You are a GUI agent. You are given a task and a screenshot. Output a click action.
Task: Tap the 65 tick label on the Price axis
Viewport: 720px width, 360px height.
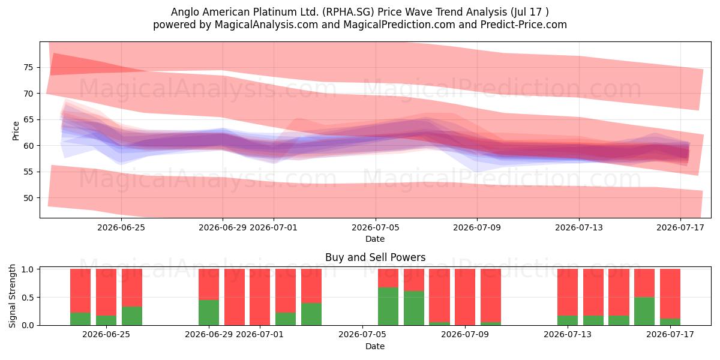coord(28,119)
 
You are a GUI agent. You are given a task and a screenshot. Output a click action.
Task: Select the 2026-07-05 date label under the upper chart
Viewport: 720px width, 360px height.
coord(376,227)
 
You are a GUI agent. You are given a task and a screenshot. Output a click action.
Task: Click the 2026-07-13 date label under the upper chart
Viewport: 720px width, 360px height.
coord(579,227)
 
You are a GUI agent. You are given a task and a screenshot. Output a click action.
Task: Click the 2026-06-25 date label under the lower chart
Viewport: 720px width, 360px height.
coord(106,334)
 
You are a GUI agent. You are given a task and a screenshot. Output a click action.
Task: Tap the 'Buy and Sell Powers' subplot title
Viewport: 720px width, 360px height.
coord(376,257)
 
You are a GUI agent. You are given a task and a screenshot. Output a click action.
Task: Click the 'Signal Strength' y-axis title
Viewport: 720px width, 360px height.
coord(12,296)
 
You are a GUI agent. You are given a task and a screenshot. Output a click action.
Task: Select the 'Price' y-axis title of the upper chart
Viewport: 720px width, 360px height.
coord(16,131)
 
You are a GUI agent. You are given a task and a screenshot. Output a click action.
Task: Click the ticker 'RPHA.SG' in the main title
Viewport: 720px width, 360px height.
coord(349,12)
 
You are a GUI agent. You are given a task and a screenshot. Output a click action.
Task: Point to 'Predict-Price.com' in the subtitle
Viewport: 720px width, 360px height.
coord(524,25)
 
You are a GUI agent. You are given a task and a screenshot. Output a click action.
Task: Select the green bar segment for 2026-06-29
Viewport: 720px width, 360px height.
coord(209,313)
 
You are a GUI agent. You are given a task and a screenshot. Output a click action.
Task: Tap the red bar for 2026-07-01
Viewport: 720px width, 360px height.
coord(260,297)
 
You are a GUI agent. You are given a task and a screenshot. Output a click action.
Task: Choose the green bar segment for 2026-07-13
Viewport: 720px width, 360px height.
coord(568,320)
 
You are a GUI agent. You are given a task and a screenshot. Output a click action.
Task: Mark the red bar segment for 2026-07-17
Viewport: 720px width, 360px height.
coord(670,294)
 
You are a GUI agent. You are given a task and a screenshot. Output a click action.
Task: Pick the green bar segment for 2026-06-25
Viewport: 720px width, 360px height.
coord(106,320)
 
